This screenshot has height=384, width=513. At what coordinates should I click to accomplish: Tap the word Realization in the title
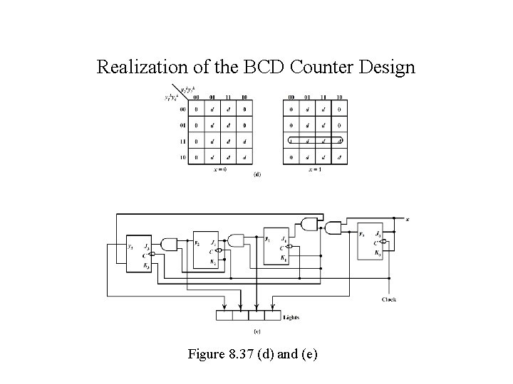142,68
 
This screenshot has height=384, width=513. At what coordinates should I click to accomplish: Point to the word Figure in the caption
206,353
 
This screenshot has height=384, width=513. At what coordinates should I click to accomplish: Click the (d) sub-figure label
256,174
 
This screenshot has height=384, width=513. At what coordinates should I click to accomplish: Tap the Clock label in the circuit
389,299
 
